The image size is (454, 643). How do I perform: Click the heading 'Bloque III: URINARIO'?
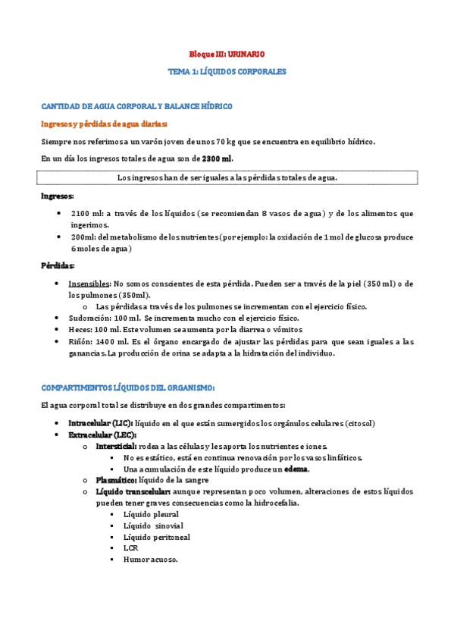227,55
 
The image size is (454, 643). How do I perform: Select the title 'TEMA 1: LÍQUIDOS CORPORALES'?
227,71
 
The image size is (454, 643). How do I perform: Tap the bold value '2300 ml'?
217,158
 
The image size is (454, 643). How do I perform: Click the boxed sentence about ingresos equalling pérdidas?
227,177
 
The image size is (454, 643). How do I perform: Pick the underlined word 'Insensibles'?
89,284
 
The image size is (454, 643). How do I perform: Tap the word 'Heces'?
79,330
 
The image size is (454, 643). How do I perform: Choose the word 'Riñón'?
80,342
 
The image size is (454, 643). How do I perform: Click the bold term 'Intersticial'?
116,446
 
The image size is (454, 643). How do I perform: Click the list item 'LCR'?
130,548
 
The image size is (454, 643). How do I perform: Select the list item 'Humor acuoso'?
150,560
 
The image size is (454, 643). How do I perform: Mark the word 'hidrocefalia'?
273,503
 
